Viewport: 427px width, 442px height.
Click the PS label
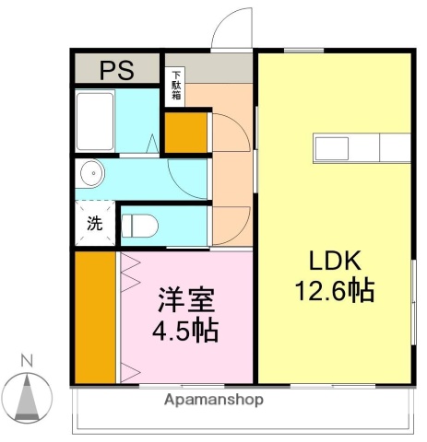(117, 70)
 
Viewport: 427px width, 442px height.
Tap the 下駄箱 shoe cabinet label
(175, 85)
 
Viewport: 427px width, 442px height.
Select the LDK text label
(333, 260)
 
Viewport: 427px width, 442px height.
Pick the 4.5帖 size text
(185, 330)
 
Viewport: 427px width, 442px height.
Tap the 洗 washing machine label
(94, 222)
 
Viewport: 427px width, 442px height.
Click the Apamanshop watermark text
(214, 400)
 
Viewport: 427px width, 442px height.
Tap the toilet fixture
(140, 224)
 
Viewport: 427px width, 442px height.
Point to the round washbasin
(90, 173)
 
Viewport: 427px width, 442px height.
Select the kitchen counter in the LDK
(362, 147)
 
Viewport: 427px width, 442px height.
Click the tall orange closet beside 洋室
(96, 315)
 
